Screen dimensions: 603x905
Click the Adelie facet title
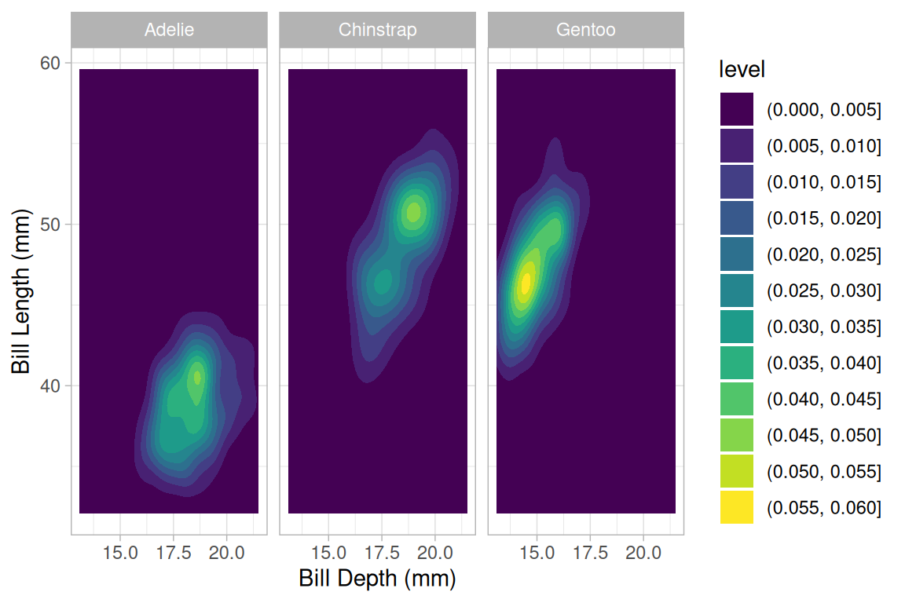pos(169,31)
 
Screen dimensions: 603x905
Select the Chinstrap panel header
pos(377,31)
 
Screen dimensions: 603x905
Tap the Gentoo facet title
pos(585,31)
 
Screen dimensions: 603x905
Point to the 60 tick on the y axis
pos(50,63)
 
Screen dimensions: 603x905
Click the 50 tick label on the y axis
pos(50,225)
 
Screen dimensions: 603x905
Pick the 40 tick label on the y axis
pos(50,386)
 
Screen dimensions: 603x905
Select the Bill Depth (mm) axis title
pos(377,579)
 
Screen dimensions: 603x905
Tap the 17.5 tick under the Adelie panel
pos(173,553)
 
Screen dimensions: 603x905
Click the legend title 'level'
pos(742,70)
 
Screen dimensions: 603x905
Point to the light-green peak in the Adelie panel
pos(197,378)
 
